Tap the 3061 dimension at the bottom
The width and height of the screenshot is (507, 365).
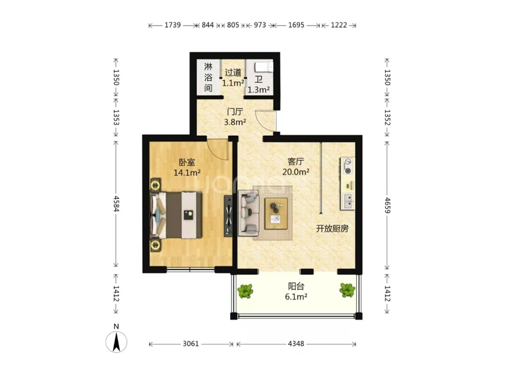click(x=191, y=344)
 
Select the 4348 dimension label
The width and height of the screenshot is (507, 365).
click(x=296, y=344)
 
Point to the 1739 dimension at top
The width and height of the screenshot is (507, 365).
click(x=173, y=25)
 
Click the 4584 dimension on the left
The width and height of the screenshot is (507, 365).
click(x=116, y=203)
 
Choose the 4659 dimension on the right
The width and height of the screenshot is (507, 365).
click(x=388, y=205)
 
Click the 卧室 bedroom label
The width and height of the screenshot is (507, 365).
click(x=187, y=162)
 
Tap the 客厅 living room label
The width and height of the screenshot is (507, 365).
click(x=296, y=161)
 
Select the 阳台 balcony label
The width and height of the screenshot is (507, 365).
click(x=296, y=286)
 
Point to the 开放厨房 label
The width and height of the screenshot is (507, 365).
click(x=332, y=229)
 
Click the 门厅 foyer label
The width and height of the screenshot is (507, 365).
click(x=235, y=112)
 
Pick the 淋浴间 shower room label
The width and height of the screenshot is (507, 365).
click(x=208, y=78)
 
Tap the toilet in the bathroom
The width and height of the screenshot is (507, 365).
click(x=263, y=68)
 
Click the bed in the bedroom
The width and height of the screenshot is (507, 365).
click(x=176, y=215)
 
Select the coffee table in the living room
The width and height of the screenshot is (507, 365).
click(x=276, y=213)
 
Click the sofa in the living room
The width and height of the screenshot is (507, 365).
click(x=248, y=213)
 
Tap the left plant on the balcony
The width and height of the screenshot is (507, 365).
click(x=245, y=291)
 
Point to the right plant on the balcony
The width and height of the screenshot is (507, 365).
click(x=348, y=290)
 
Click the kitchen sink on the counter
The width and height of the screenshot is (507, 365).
click(x=348, y=201)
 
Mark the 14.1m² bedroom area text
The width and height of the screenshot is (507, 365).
click(x=187, y=173)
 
